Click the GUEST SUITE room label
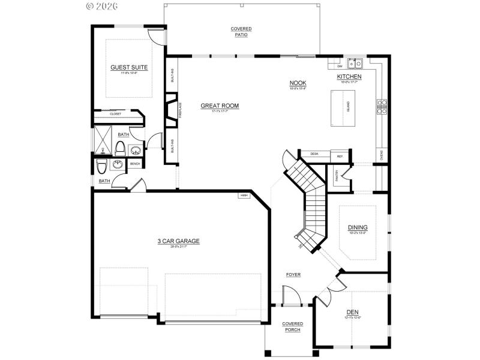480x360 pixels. pyautogui.click(x=129, y=67)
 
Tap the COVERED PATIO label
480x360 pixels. pyautogui.click(x=241, y=32)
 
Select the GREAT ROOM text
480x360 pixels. pyautogui.click(x=220, y=106)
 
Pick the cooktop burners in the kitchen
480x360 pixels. pyautogui.click(x=382, y=106)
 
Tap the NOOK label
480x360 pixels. pyautogui.click(x=298, y=83)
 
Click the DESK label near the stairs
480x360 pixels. pyautogui.click(x=314, y=154)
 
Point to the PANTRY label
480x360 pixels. pyautogui.click(x=337, y=175)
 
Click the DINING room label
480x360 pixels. pyautogui.click(x=358, y=227)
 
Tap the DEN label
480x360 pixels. pyautogui.click(x=353, y=312)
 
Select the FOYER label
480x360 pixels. pyautogui.click(x=293, y=275)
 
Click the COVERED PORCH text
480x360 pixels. pyautogui.click(x=293, y=327)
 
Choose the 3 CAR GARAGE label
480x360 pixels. pyautogui.click(x=178, y=241)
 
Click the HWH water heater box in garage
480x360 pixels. pyautogui.click(x=244, y=196)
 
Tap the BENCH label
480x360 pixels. pyautogui.click(x=135, y=164)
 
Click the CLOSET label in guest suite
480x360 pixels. pyautogui.click(x=115, y=113)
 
